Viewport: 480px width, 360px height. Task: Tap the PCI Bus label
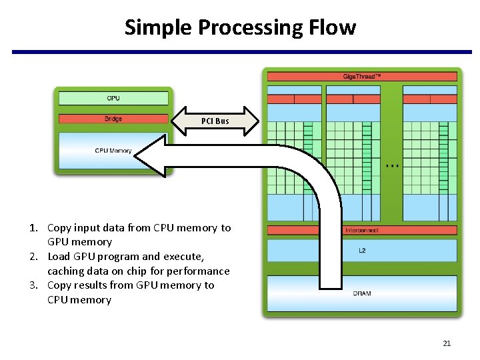(215, 121)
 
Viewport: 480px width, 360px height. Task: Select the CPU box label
(113, 99)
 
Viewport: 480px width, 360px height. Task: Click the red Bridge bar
(113, 119)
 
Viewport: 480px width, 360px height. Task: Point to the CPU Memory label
(113, 151)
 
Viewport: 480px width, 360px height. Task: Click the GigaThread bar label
(362, 77)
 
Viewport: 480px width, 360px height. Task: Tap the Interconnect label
(362, 230)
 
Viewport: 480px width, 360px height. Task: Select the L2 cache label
(362, 250)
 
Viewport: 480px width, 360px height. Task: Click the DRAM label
(362, 293)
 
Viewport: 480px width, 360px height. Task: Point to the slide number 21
(447, 343)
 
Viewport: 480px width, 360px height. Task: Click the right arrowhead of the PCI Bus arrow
(251, 121)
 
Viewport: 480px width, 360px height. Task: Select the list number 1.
(33, 228)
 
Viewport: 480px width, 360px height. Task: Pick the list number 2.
(33, 257)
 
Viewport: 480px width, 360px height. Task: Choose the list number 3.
(33, 285)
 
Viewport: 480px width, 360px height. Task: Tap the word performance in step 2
(199, 271)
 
